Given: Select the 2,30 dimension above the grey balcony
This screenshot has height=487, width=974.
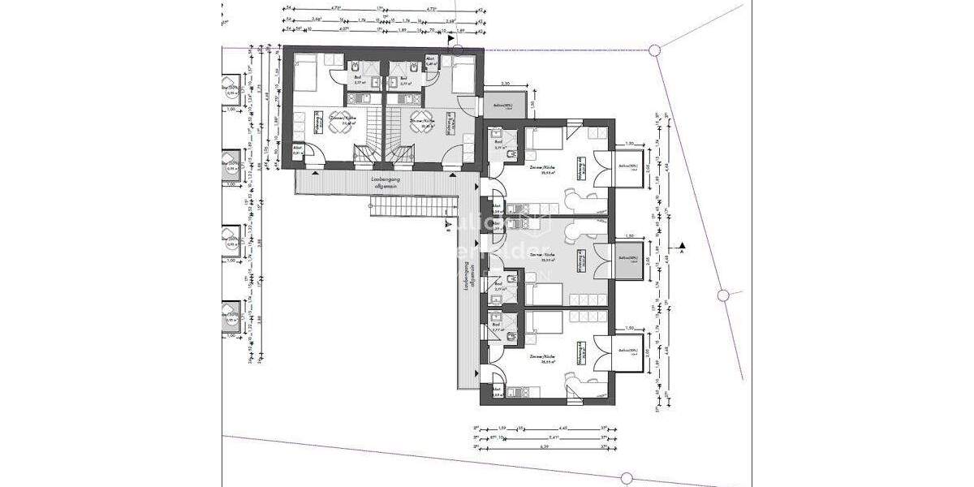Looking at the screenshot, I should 504,84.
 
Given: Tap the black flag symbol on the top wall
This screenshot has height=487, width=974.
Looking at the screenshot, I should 450,37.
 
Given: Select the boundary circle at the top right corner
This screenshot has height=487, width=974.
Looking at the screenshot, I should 654,50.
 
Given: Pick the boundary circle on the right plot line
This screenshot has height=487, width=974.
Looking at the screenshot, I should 722,295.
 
